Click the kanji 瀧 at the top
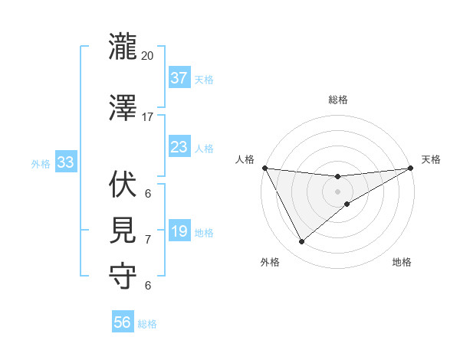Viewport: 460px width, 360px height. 123,47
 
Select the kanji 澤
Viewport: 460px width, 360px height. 123,108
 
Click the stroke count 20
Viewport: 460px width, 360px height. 148,56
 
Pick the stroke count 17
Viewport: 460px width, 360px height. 148,117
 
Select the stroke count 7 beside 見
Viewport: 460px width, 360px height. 148,240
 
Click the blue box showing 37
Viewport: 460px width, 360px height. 179,77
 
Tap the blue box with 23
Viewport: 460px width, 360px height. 179,146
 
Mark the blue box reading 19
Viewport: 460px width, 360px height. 179,231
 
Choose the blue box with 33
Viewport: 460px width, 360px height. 65,162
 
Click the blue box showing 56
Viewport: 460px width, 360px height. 123,322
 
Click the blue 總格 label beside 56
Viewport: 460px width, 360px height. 148,324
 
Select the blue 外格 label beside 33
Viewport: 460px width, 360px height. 40,163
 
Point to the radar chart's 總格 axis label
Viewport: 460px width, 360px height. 337,100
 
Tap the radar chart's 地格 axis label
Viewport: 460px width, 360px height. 402,263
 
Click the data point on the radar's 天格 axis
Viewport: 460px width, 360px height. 410,168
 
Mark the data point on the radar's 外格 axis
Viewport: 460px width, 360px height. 301,242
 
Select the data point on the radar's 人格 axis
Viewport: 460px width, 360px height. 264,168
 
